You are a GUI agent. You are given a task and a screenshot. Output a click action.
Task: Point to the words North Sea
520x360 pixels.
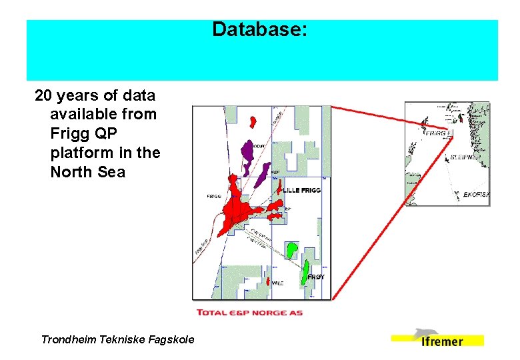coord(87,172)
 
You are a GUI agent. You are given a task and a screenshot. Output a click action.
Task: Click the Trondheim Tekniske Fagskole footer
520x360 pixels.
coord(117,339)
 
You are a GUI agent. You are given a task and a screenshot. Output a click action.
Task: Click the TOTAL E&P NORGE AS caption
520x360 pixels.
coord(249,313)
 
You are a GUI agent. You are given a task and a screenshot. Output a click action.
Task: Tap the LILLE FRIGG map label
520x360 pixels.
coord(301,191)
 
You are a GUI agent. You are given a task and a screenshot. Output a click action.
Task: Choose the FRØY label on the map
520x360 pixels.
coord(316,276)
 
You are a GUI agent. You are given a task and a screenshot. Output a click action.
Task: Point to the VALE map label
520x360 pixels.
coord(277,283)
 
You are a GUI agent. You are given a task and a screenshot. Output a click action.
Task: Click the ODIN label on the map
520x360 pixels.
coord(259,146)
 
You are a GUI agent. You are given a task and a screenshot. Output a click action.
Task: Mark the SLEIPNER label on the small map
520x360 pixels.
coord(465,159)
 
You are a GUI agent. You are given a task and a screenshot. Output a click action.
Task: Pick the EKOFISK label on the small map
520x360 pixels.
coord(476,195)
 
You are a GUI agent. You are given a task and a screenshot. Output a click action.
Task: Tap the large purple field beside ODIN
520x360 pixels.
coord(249,154)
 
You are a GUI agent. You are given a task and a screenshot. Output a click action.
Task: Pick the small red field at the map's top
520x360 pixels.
coord(253,121)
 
